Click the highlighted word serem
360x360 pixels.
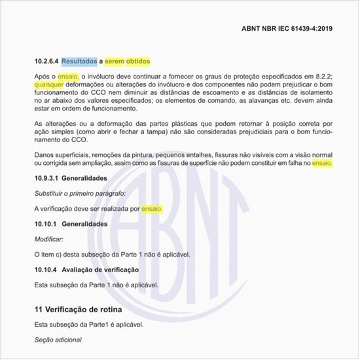point(117,62)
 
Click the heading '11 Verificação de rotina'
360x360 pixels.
point(78,308)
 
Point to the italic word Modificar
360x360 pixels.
point(49,239)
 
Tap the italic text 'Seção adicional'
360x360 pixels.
point(58,340)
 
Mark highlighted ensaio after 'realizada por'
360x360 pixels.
point(152,209)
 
